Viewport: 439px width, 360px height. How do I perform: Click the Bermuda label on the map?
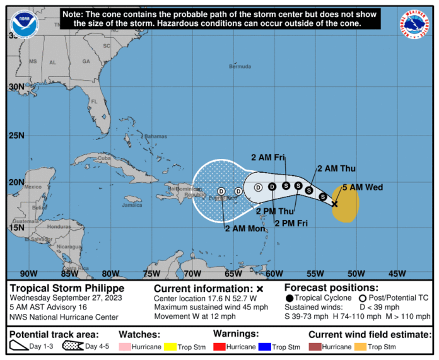pyautogui.click(x=240, y=66)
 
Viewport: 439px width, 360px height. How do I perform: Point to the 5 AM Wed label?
pyautogui.click(x=363, y=187)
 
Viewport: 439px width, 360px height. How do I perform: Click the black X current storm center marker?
pyautogui.click(x=334, y=204)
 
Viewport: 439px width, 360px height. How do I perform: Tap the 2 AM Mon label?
pyautogui.click(x=245, y=228)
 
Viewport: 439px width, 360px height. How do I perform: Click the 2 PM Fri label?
pyautogui.click(x=291, y=222)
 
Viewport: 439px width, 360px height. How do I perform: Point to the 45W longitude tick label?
pyautogui.click(x=397, y=273)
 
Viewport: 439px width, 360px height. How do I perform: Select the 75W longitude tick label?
pyautogui.click(x=151, y=273)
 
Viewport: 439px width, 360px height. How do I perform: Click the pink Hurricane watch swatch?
pyautogui.click(x=124, y=347)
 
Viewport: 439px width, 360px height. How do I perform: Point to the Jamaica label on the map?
pyautogui.click(x=132, y=205)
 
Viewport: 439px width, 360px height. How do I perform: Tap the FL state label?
pyautogui.click(x=95, y=101)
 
